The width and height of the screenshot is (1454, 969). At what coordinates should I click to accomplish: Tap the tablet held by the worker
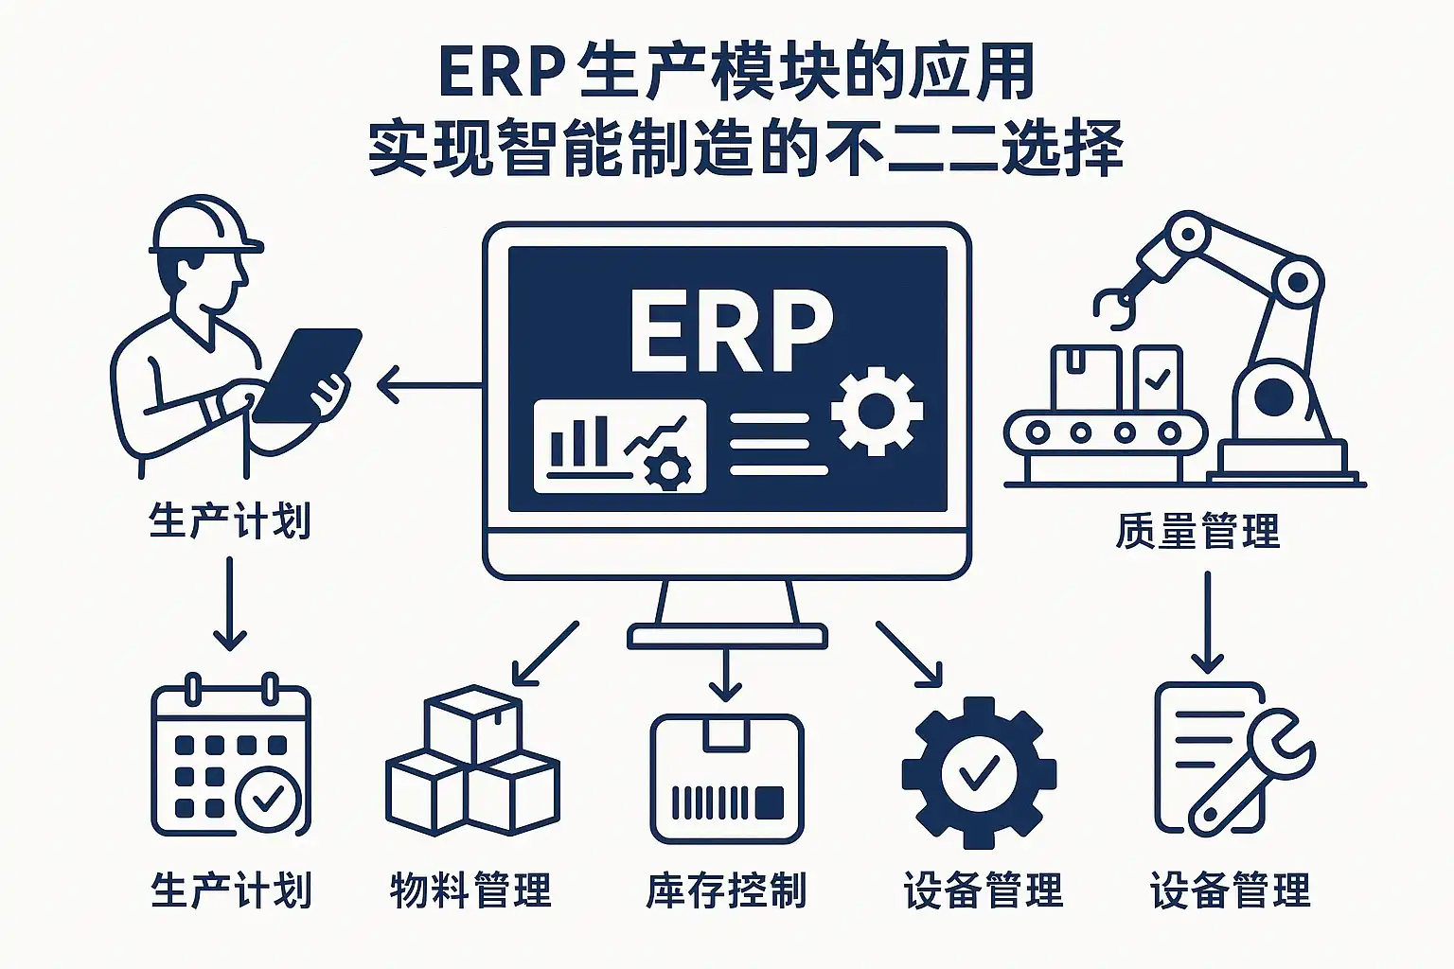308,374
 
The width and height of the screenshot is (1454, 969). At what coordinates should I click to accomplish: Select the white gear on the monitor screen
876,412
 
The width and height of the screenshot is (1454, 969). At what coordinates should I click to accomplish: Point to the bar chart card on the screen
620,446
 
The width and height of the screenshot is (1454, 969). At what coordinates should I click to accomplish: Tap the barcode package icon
727,778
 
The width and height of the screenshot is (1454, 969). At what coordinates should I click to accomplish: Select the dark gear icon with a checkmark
979,772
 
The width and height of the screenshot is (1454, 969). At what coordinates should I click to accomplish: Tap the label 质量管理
1197,532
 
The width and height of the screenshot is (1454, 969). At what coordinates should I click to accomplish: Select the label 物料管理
470,890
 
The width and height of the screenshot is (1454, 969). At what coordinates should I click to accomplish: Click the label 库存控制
726,890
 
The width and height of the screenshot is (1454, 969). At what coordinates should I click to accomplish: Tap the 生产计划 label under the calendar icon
231,890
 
